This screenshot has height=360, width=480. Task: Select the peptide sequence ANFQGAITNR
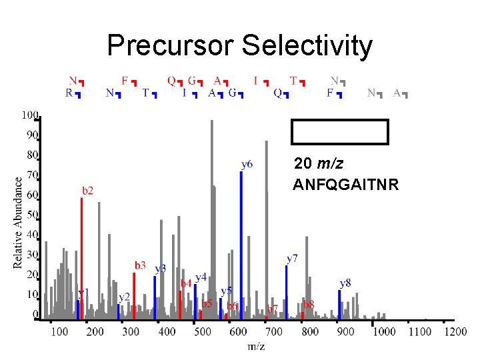(x=346, y=185)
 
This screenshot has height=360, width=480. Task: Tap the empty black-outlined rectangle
(x=339, y=131)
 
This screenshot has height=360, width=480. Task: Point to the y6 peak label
(x=247, y=163)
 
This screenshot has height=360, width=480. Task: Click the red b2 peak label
(x=87, y=191)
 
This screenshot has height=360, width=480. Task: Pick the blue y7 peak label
(x=292, y=257)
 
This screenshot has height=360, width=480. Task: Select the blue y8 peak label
(x=345, y=283)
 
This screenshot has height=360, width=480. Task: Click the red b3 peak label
(x=139, y=265)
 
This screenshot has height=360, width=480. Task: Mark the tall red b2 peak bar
(x=81, y=257)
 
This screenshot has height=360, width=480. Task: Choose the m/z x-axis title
(x=256, y=346)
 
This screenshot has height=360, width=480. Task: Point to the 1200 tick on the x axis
(x=455, y=331)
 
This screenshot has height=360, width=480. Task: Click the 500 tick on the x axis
(x=203, y=331)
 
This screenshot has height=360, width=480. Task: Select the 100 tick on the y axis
(x=30, y=115)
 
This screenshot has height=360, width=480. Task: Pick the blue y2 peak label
(x=124, y=297)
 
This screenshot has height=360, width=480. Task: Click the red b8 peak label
(x=309, y=304)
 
